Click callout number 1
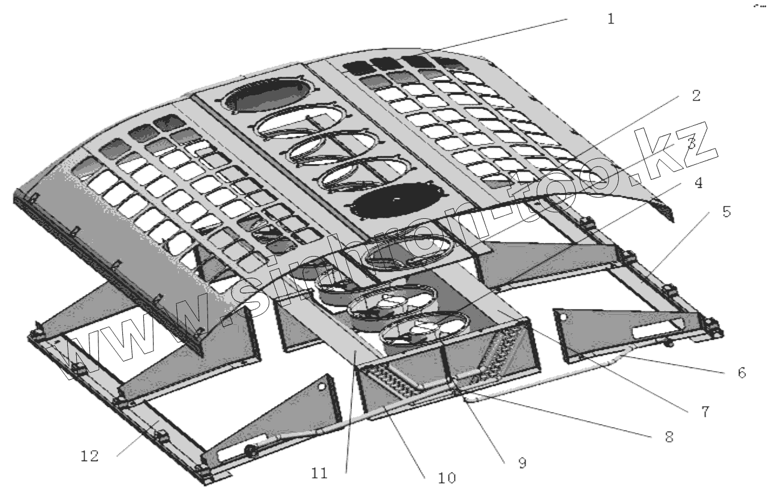pos(610,19)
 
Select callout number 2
pos(695,96)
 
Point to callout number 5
pos(726,213)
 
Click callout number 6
pos(741,373)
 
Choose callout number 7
pos(705,412)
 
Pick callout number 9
pos(522,463)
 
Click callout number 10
pos(447,478)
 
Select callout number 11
pos(320,474)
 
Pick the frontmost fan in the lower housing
pos(423,328)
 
